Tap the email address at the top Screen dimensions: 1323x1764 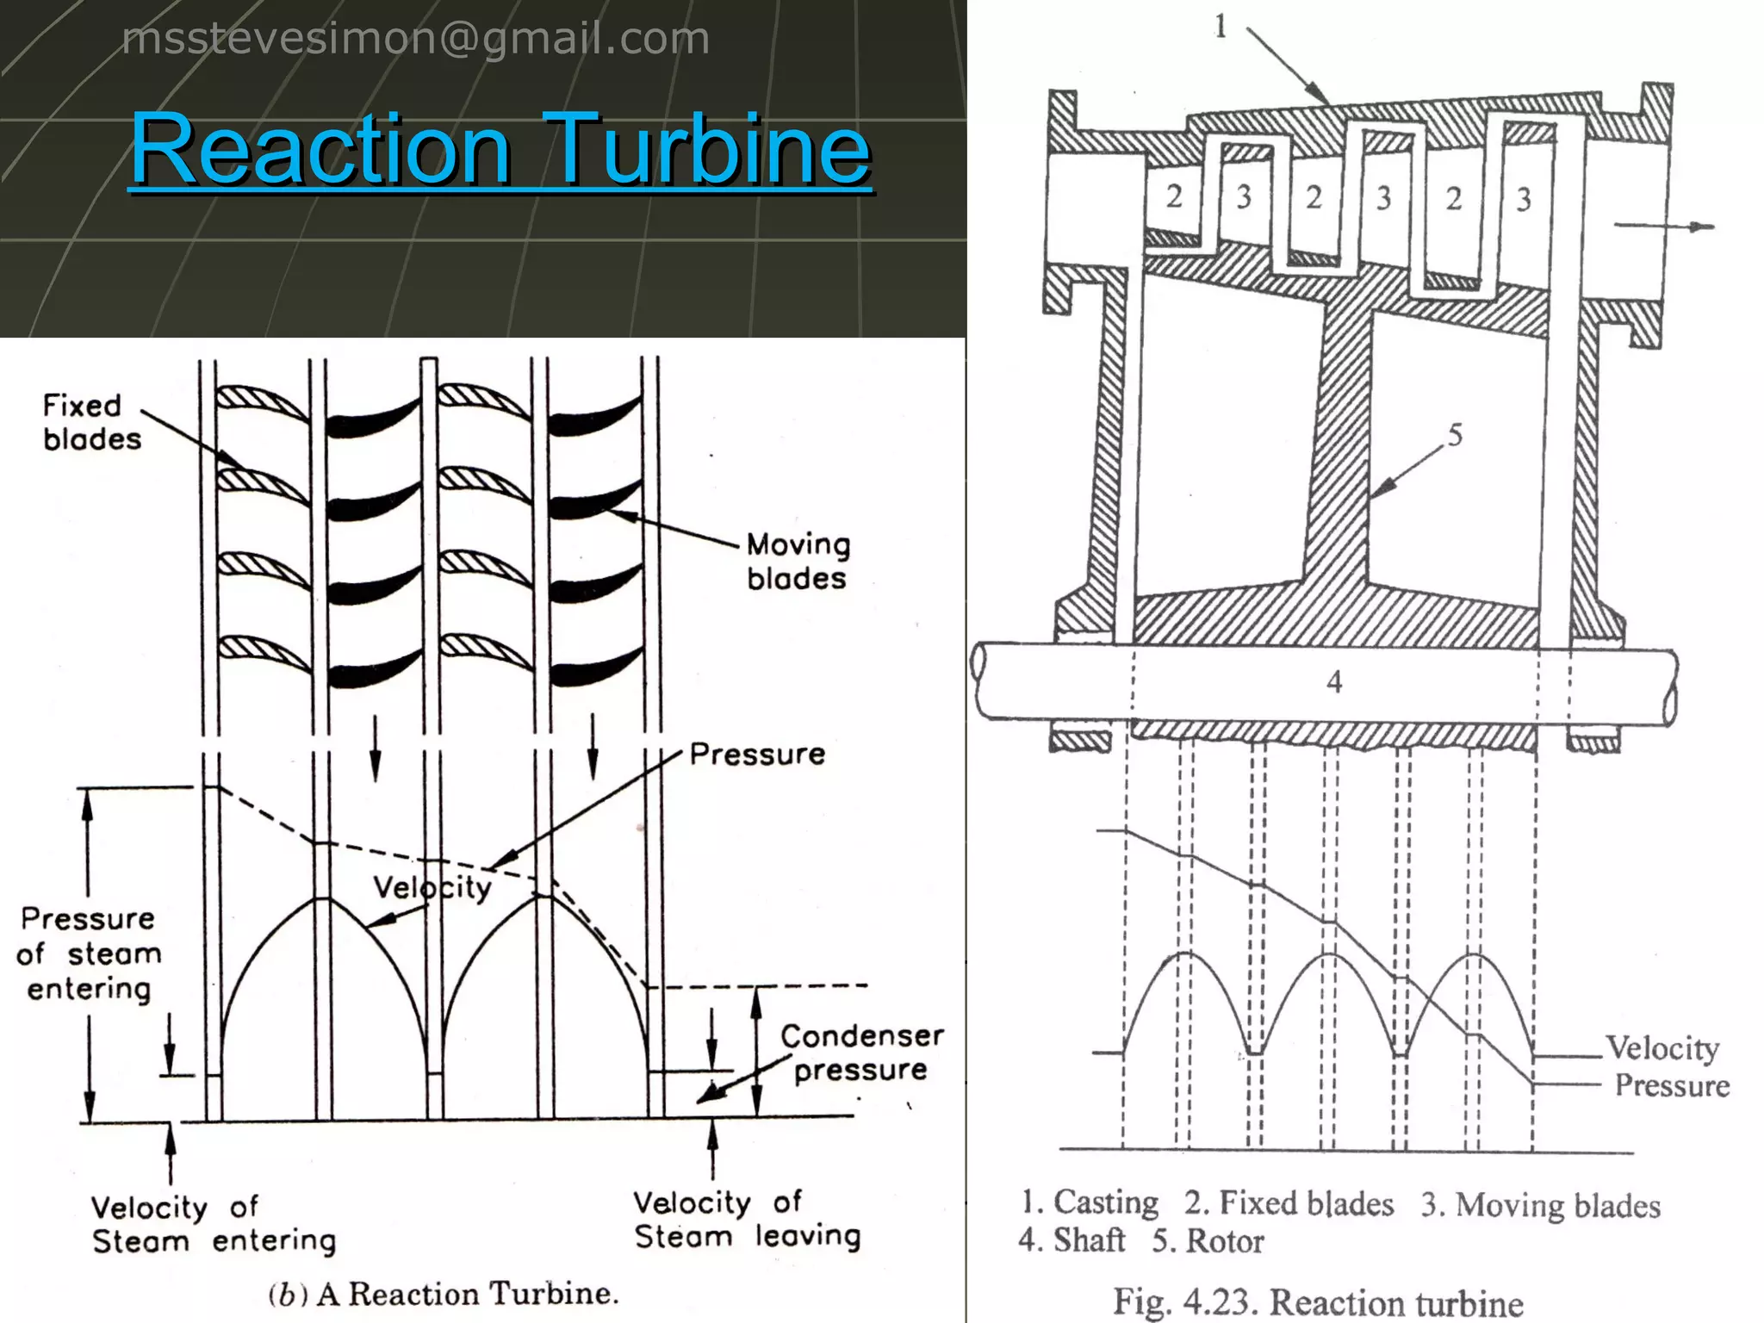pos(415,39)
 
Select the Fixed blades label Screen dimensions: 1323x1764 pos(91,422)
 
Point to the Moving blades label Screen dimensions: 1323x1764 pos(798,561)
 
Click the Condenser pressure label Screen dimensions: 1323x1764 pos(861,1053)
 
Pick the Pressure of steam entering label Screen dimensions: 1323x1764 pos(89,953)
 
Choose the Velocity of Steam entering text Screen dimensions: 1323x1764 pos(213,1224)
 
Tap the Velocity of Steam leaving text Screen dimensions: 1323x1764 pos(747,1219)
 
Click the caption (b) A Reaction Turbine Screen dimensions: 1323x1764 pos(444,1294)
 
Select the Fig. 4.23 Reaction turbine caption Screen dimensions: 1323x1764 pos(1318,1301)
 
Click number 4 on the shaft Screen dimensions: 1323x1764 pos(1334,682)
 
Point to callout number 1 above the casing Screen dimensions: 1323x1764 pos(1221,27)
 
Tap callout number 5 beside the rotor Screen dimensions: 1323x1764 pos(1455,435)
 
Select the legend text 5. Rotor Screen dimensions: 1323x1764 pos(1208,1241)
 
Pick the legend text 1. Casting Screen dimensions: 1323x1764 pos(1090,1202)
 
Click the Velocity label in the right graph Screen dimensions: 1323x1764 pos(1662,1048)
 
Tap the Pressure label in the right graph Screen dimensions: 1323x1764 pos(1671,1085)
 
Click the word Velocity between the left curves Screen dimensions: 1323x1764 pos(432,887)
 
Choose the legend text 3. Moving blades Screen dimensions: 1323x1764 pos(1540,1205)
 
